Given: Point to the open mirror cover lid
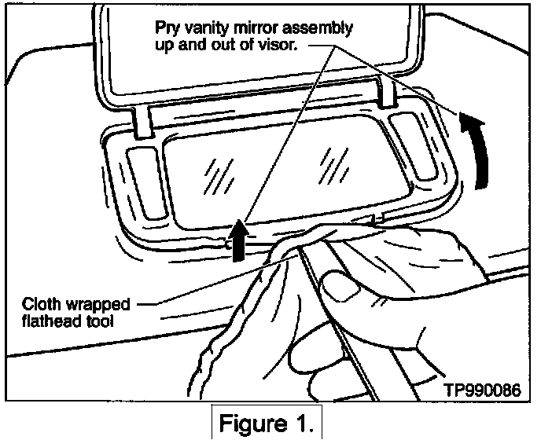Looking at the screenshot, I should pyautogui.click(x=259, y=55).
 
